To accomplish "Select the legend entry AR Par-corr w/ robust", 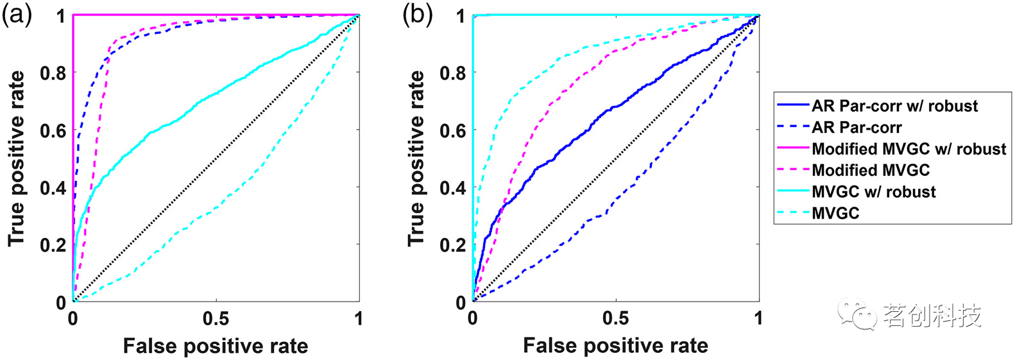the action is (877, 106).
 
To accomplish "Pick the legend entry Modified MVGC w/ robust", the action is (891, 149).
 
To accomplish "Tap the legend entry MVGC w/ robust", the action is (857, 191).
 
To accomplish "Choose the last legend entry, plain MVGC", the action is (818, 212).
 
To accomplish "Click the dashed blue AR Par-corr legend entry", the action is (839, 128).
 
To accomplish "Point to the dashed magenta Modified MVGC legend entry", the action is (853, 170).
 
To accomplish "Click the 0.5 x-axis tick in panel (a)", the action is (216, 319).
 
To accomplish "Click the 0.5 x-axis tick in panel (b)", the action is (616, 319).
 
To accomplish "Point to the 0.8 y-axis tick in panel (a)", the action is (53, 73).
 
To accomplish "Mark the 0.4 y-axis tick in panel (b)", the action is (453, 187).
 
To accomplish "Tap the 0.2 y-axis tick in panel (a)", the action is (53, 245).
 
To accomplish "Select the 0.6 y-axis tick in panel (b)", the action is (453, 130).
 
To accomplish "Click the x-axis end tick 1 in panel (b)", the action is (758, 319).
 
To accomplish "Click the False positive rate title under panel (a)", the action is (216, 347).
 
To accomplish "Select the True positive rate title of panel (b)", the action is (416, 159).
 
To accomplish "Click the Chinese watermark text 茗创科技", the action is (932, 315).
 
